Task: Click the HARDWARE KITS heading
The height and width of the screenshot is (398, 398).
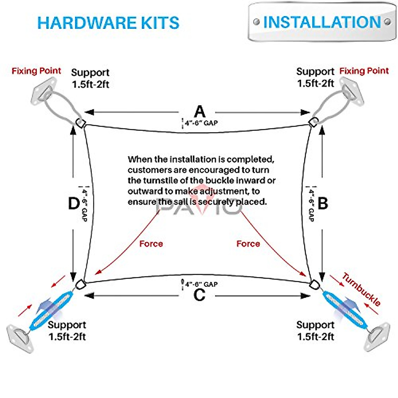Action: click(108, 23)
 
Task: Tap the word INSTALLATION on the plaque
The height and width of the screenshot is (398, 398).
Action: click(322, 22)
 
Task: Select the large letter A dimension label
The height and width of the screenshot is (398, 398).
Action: click(200, 112)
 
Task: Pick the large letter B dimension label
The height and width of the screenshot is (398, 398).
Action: click(323, 203)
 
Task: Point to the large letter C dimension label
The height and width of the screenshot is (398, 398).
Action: click(199, 295)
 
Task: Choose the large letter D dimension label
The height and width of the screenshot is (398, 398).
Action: click(73, 203)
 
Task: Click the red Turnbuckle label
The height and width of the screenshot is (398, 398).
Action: click(361, 290)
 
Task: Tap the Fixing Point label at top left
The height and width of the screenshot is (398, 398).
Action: click(36, 71)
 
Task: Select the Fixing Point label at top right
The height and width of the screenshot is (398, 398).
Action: click(364, 71)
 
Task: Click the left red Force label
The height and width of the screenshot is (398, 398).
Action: click(151, 244)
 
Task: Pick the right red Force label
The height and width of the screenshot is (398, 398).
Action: click(248, 244)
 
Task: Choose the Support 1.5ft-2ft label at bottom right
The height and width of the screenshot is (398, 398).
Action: click(315, 331)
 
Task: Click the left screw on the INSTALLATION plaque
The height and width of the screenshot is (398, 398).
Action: click(256, 23)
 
